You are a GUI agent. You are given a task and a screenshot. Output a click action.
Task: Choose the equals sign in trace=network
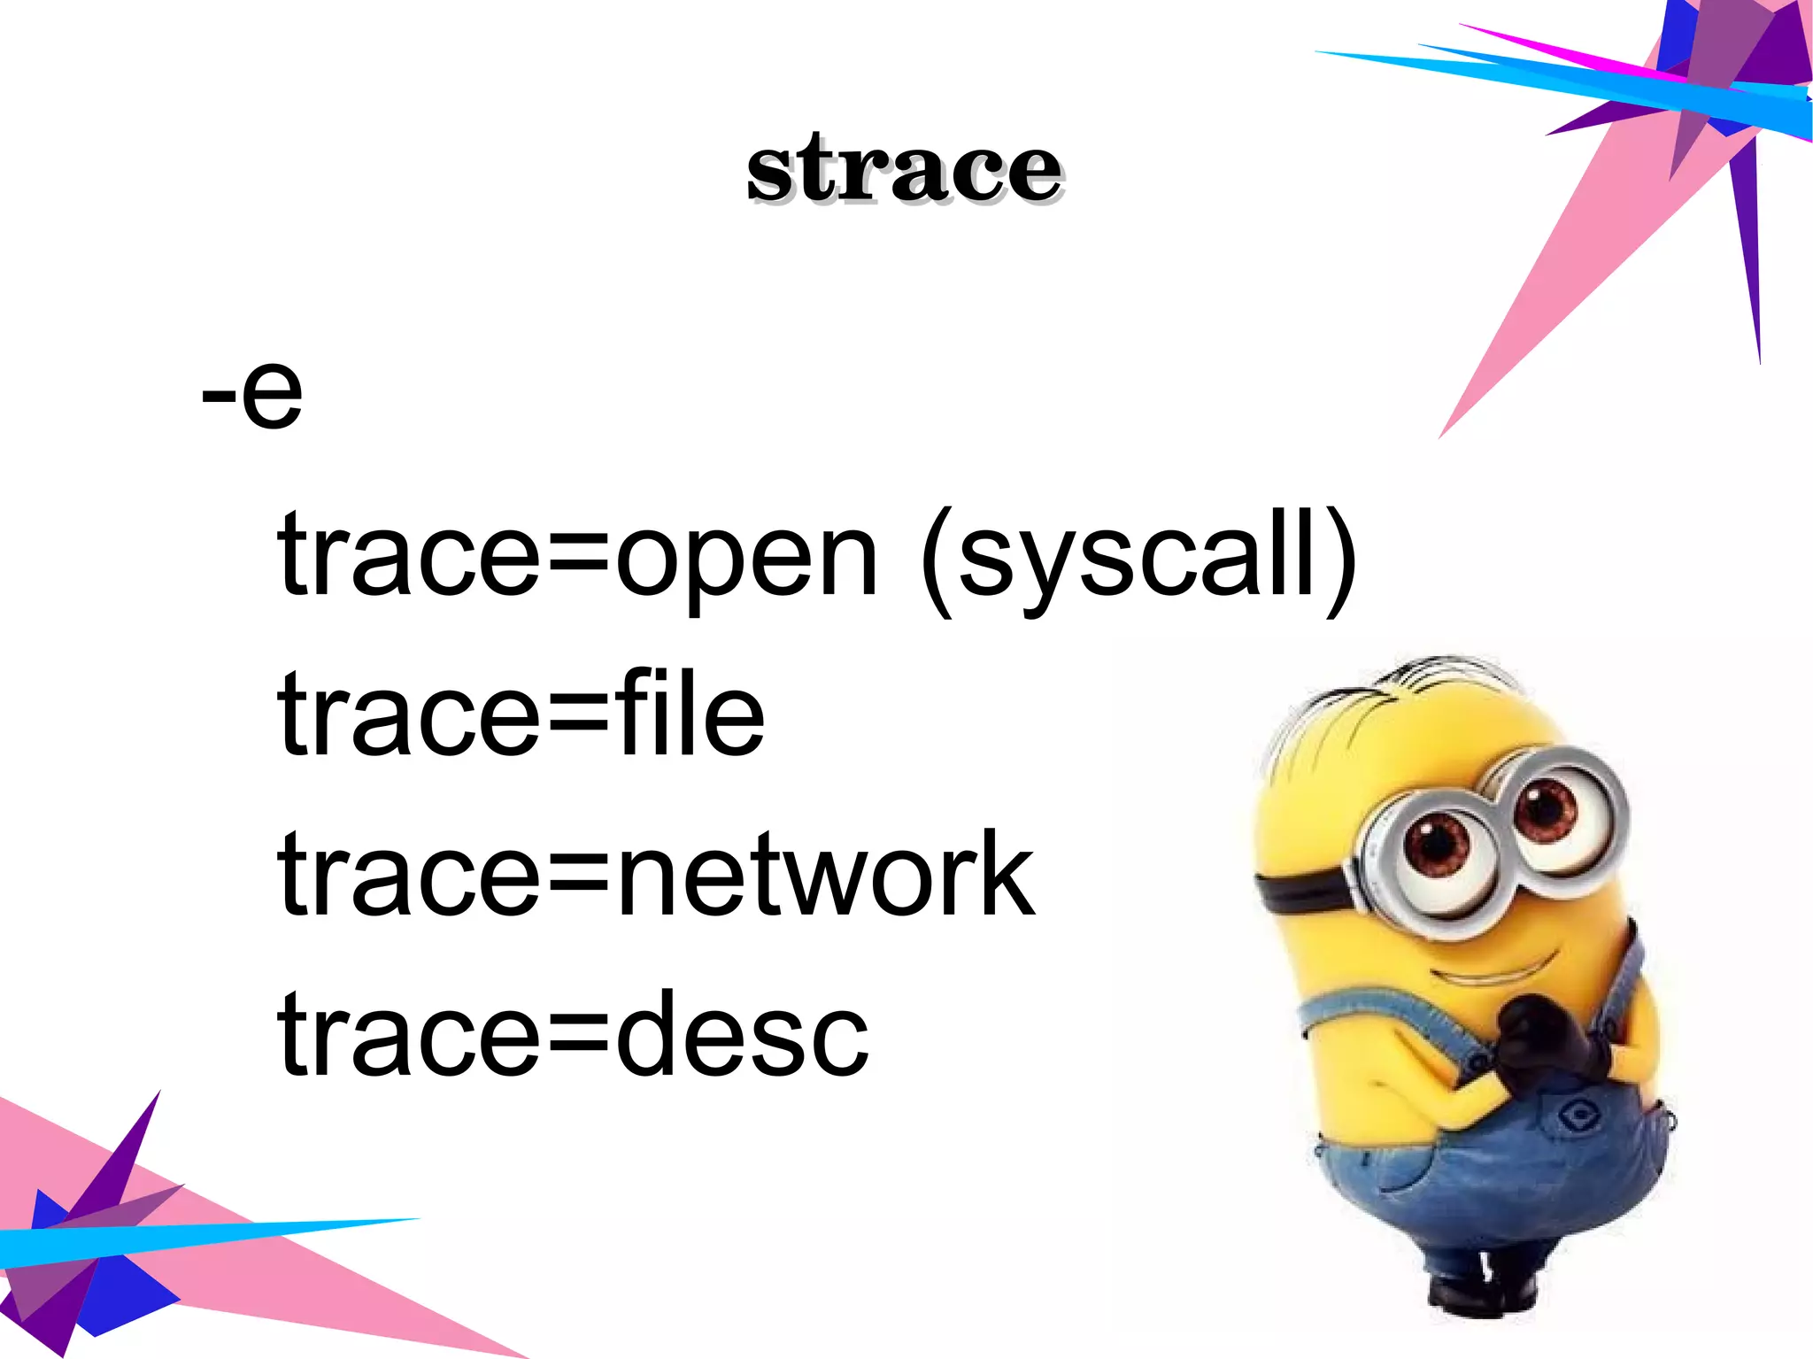576,876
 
